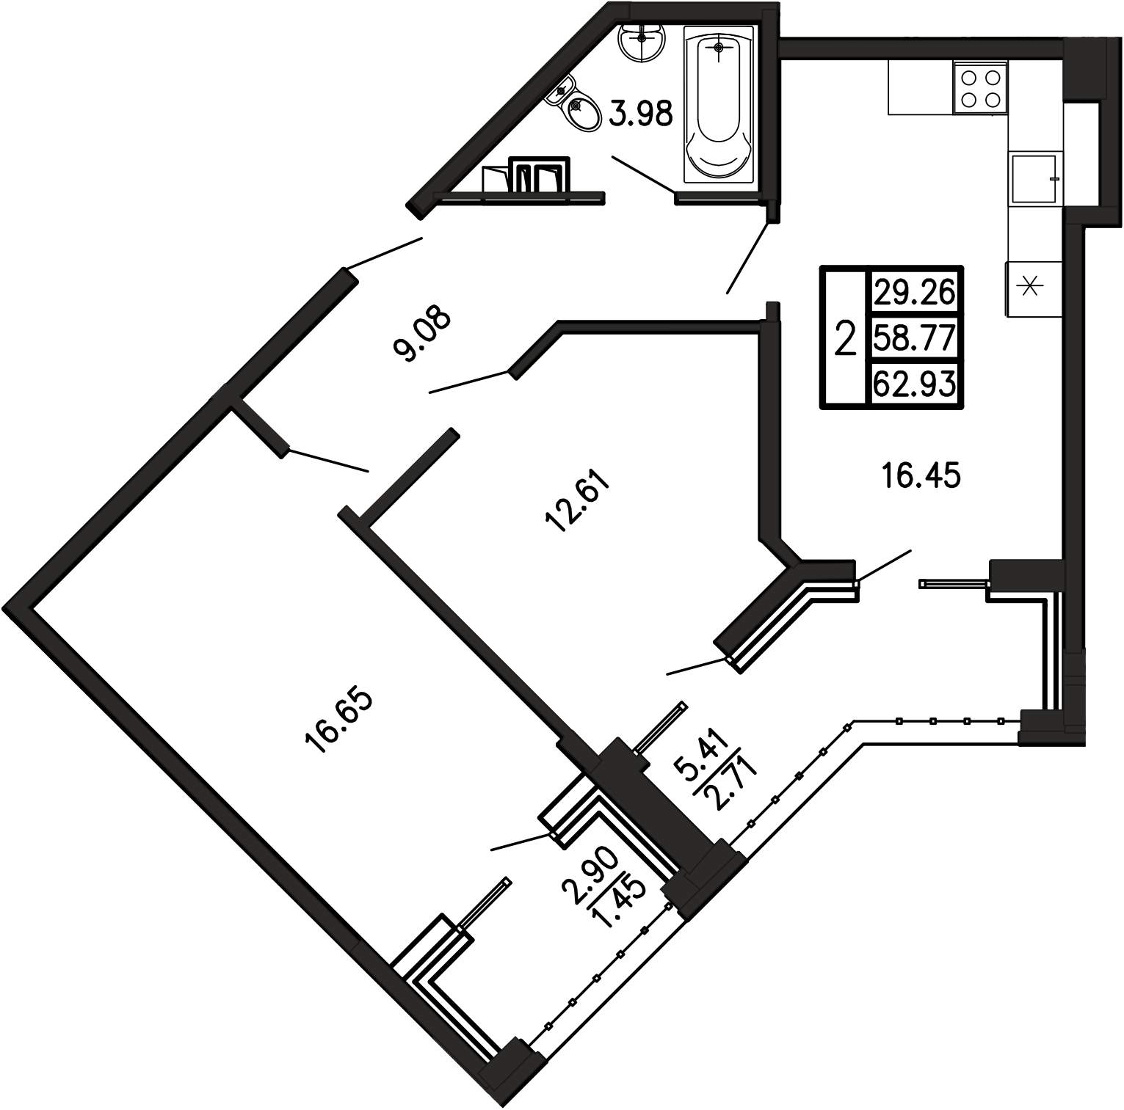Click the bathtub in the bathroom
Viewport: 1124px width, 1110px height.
click(x=719, y=104)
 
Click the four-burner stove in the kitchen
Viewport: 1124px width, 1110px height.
click(x=980, y=87)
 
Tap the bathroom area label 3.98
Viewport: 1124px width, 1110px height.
click(x=642, y=114)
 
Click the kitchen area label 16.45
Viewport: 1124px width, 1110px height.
click(x=921, y=477)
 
